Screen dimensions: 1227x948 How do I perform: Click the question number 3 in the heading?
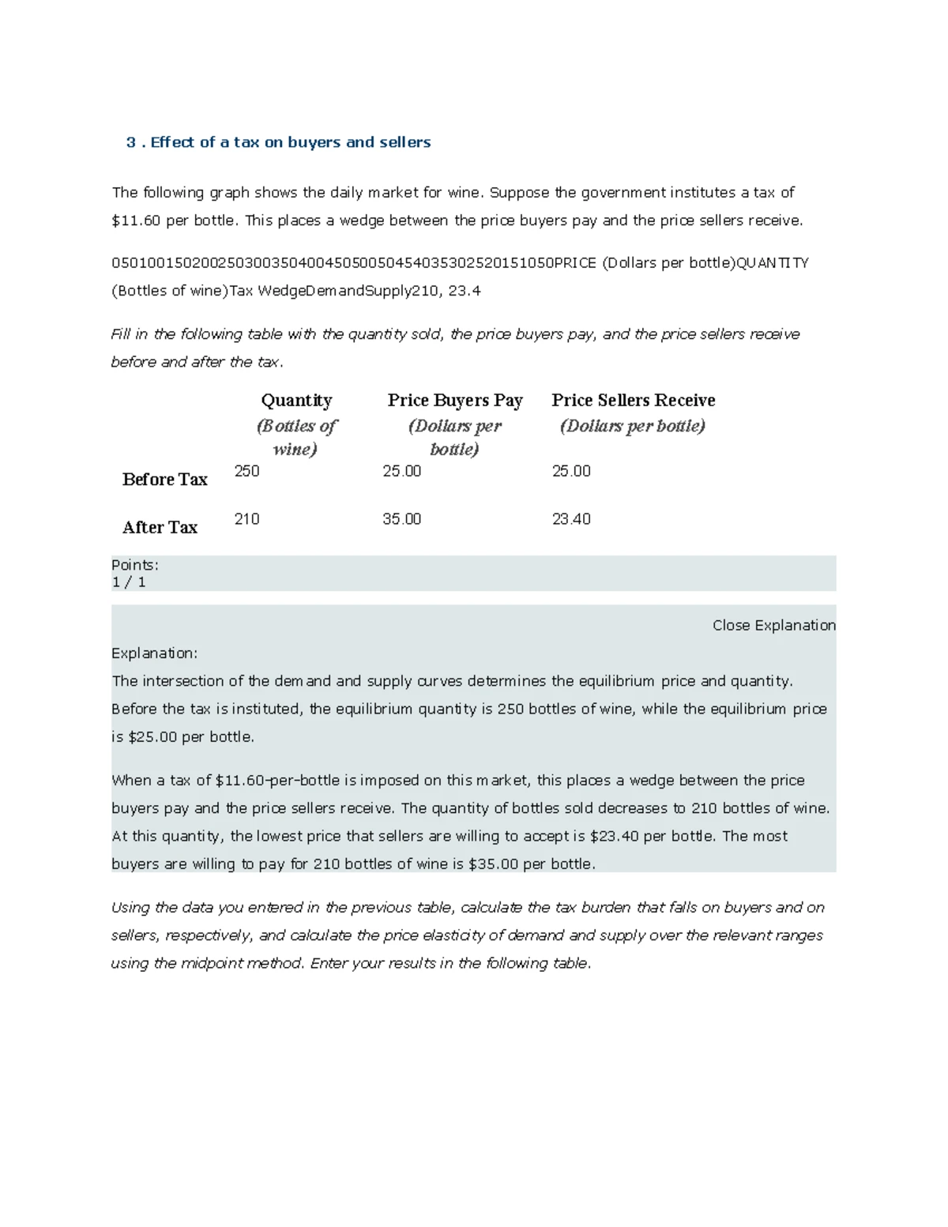130,142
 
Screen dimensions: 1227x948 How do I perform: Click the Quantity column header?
296,401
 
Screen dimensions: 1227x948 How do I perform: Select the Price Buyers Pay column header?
455,401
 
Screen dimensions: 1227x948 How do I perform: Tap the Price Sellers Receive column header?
633,401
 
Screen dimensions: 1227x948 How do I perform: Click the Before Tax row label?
164,480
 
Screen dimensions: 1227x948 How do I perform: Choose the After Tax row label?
160,528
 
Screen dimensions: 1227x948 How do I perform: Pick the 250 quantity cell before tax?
246,471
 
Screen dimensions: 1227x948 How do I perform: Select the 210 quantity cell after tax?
246,519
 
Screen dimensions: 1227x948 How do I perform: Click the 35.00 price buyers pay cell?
401,519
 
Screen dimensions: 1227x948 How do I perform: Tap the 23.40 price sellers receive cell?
571,519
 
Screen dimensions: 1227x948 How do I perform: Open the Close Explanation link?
773,625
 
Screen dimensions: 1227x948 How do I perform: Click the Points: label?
135,565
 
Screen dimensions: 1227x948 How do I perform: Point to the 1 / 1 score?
129,582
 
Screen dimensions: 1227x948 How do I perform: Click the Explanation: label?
154,653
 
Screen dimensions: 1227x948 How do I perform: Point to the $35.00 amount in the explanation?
493,864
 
